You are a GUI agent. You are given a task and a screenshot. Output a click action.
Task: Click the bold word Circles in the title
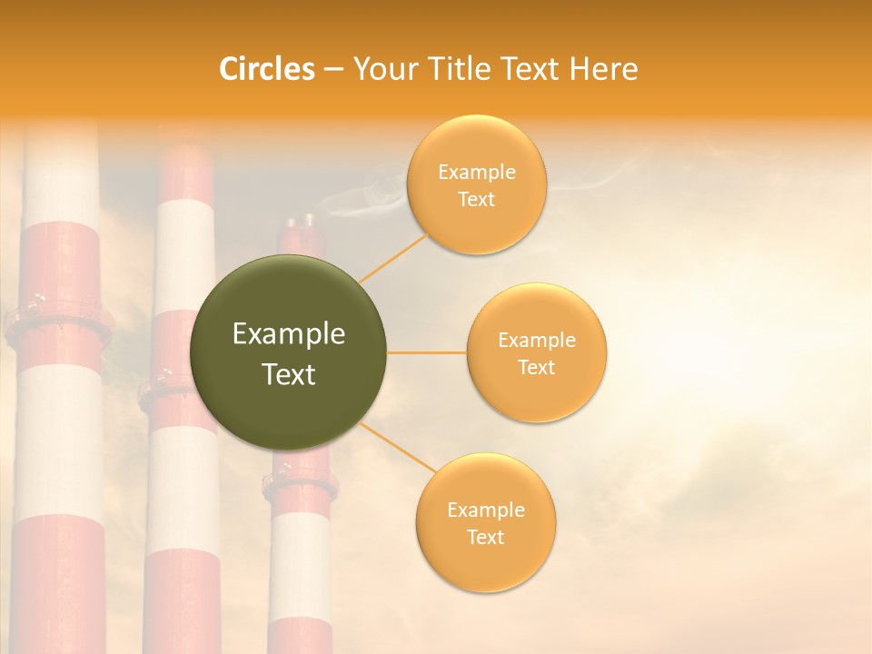266,69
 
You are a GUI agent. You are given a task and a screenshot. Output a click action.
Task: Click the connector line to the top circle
392,257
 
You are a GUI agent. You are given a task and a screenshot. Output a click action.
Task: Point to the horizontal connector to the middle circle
426,352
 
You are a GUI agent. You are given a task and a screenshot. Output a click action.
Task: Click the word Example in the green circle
288,334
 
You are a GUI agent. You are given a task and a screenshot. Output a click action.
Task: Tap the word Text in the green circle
288,374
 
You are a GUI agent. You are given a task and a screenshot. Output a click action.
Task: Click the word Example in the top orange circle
476,173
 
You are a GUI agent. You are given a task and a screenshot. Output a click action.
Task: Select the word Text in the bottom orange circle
485,537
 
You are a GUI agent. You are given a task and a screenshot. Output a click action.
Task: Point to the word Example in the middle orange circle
537,340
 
